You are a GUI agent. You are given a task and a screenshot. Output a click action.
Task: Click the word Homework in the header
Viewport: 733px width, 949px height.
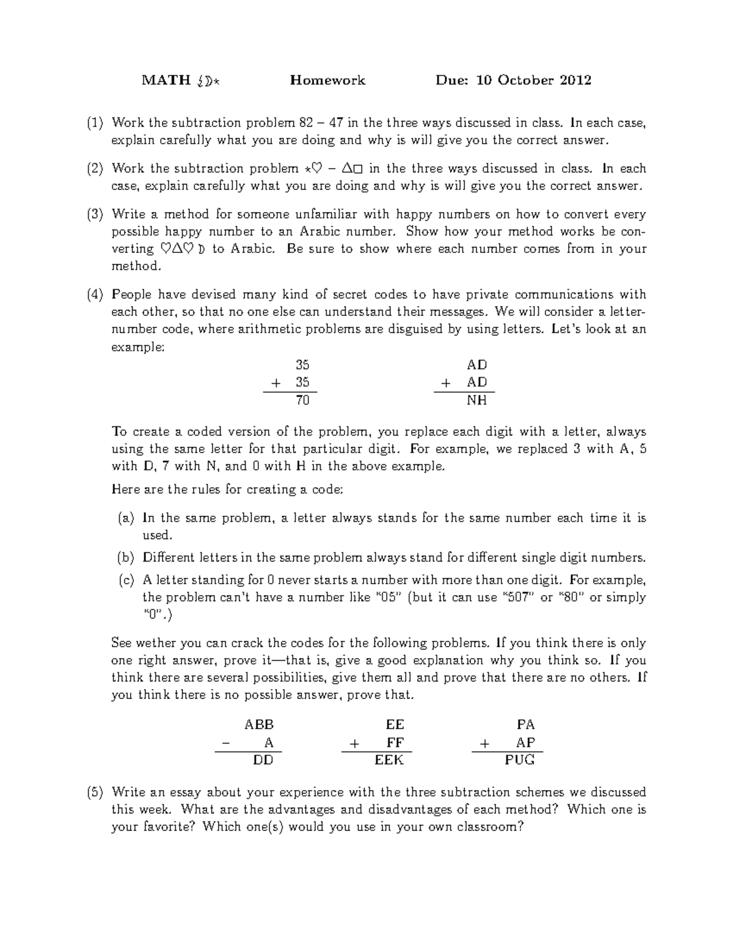click(327, 80)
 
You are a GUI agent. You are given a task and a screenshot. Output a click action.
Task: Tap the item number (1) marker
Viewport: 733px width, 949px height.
click(95, 123)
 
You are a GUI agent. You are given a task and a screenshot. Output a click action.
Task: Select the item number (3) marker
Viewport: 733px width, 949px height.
click(95, 214)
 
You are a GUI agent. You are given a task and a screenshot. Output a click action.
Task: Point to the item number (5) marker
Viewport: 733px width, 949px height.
click(95, 793)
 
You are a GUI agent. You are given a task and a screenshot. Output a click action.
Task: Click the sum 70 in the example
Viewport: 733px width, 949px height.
click(302, 400)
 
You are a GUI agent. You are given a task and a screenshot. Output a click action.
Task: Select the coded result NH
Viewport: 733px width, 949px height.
click(477, 400)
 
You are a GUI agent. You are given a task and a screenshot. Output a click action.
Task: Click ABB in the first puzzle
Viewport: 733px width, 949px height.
click(259, 725)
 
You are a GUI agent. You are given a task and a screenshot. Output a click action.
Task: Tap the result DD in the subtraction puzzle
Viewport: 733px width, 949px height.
click(263, 760)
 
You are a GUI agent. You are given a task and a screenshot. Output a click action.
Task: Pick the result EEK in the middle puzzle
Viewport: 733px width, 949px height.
click(389, 760)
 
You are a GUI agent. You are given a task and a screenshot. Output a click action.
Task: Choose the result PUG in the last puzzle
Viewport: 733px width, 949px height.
click(520, 760)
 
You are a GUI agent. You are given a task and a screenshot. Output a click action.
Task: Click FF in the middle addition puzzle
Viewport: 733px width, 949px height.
click(395, 742)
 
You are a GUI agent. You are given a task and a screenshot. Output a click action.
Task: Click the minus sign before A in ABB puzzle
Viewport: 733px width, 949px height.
click(227, 743)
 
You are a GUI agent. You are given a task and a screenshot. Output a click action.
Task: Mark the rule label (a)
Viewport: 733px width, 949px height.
click(126, 518)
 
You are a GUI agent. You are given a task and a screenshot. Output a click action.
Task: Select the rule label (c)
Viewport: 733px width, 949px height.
click(126, 580)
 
